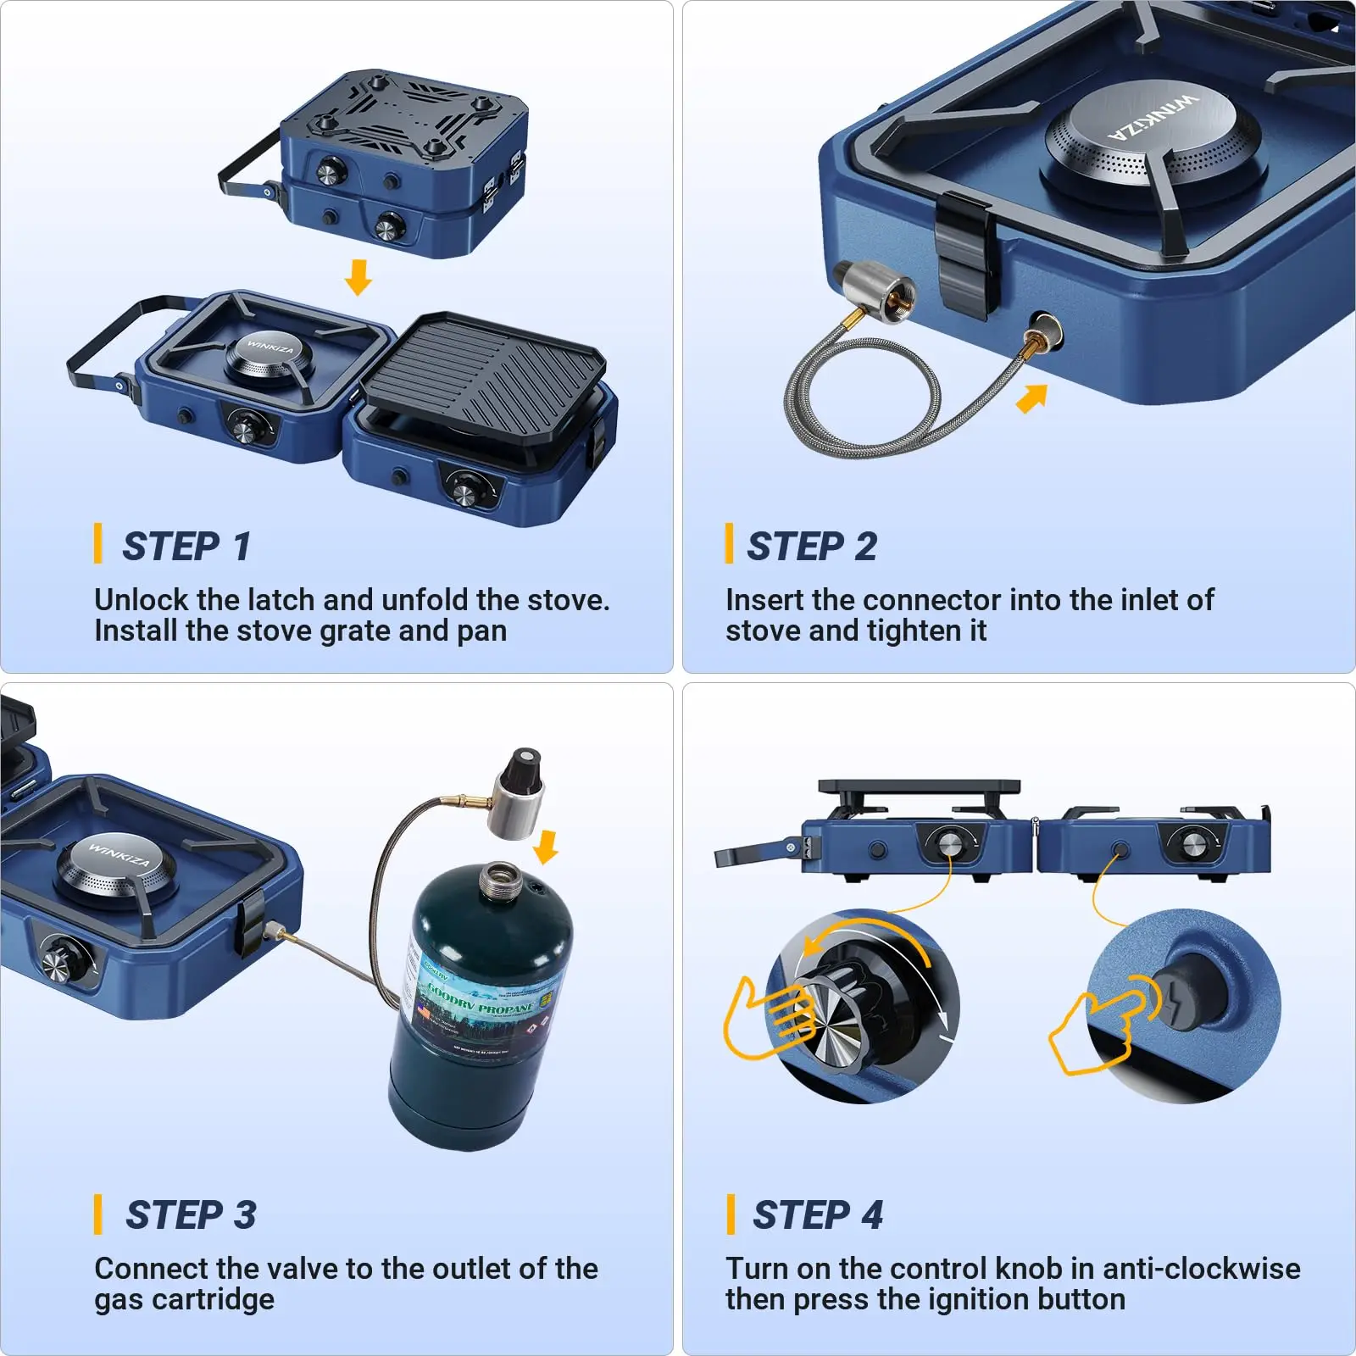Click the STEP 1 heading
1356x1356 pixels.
pos(186,547)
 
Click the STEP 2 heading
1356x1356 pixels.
pos(811,547)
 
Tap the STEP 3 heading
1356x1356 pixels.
pos(191,1214)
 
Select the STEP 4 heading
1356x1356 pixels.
pos(817,1214)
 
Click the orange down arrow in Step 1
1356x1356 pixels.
pos(358,277)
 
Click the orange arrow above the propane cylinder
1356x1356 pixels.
pos(547,847)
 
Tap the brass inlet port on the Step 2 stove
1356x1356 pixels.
pos(1044,330)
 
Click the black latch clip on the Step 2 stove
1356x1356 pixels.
pos(966,254)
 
